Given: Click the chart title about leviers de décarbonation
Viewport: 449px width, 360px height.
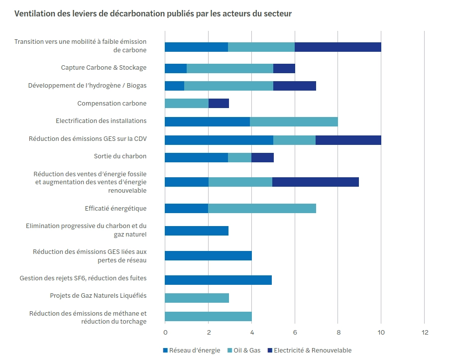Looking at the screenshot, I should [x=153, y=13].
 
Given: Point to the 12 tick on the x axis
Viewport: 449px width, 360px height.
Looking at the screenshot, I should [x=424, y=332].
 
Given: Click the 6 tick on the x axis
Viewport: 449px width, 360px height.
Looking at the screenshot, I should [x=295, y=332].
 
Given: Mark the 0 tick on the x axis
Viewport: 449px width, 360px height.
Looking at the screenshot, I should [x=165, y=332].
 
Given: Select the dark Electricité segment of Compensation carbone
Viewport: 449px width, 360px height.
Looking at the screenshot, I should [x=219, y=104].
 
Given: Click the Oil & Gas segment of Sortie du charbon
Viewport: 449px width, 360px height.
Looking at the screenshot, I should [x=239, y=157].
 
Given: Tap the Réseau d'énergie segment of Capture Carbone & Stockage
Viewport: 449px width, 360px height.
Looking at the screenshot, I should [x=176, y=68].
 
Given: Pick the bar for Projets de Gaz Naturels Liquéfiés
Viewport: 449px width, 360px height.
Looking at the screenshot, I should [x=197, y=298].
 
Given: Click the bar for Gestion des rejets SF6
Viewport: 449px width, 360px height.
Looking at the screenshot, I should [x=218, y=280].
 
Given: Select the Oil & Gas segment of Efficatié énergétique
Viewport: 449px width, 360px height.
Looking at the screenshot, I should [x=262, y=208].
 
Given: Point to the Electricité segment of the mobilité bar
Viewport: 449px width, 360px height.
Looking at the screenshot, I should [x=337, y=47].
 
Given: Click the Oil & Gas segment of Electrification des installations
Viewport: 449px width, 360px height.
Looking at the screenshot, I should [x=294, y=121].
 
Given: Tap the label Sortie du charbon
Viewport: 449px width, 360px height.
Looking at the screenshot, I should [x=120, y=156].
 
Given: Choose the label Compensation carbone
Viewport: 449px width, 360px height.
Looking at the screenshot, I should [x=112, y=104].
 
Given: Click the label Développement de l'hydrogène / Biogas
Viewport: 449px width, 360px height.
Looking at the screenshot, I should [x=87, y=86].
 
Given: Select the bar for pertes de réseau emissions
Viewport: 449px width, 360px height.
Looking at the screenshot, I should [x=208, y=256].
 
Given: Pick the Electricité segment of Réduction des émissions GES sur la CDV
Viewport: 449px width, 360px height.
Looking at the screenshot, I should [x=348, y=140].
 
